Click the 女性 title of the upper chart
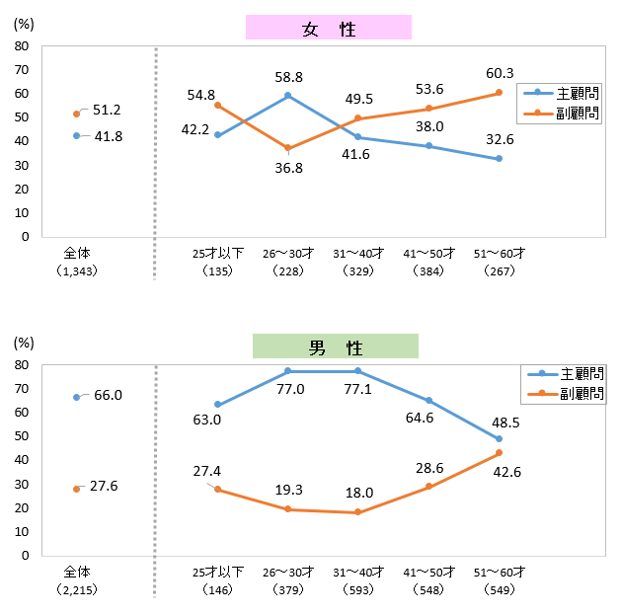[329, 28]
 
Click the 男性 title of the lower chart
[336, 347]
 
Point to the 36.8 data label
[287, 168]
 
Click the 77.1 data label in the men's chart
[358, 390]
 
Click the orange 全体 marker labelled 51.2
[76, 114]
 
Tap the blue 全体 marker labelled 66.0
[76, 397]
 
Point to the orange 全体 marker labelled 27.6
[76, 489]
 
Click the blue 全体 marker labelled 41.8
[76, 136]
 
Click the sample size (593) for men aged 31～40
[358, 589]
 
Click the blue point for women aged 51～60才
[500, 159]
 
